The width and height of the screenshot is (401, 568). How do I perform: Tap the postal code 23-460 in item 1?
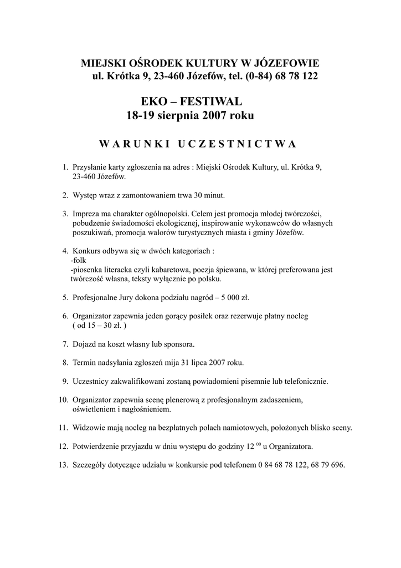(x=84, y=177)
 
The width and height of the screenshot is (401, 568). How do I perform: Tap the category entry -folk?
(x=78, y=260)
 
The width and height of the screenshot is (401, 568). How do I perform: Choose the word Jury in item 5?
(x=124, y=297)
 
